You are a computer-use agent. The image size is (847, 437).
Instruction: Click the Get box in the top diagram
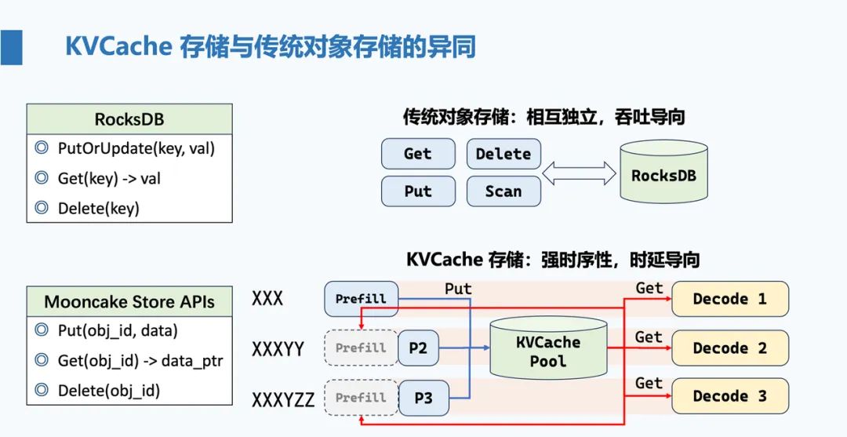pos(418,154)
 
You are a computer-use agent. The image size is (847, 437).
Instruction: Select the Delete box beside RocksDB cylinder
pos(503,154)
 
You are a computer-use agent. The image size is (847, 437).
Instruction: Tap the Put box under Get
pos(418,191)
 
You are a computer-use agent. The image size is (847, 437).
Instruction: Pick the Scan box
pos(503,191)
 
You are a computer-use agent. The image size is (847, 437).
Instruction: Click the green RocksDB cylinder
pos(664,171)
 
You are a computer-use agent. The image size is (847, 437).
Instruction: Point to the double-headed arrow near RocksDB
pos(579,173)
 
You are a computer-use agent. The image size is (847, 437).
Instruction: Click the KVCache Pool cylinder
pos(548,347)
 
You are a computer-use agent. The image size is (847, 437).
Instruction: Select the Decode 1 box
pos(730,299)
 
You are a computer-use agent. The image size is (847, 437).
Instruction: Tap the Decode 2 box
pos(730,348)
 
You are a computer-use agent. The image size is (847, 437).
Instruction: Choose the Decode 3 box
pos(730,396)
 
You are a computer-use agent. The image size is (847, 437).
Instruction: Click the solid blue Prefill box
pos(361,299)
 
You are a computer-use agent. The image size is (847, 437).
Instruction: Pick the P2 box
pos(418,348)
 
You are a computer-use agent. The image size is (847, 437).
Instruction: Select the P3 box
pos(423,398)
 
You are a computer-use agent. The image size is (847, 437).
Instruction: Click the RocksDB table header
pos(129,118)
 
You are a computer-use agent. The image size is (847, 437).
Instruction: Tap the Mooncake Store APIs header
pos(129,301)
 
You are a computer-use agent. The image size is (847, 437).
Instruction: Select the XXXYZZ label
pos(283,400)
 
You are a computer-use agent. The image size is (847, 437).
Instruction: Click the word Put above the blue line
pos(458,289)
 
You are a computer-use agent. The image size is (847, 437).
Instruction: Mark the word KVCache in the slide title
pos(118,47)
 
